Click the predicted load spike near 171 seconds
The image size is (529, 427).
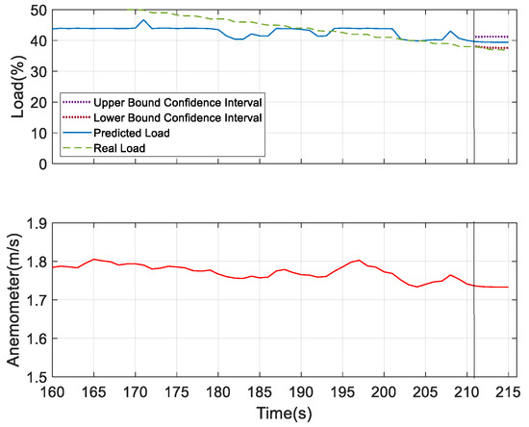[x=144, y=20]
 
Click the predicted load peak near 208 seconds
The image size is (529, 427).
[x=450, y=31]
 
